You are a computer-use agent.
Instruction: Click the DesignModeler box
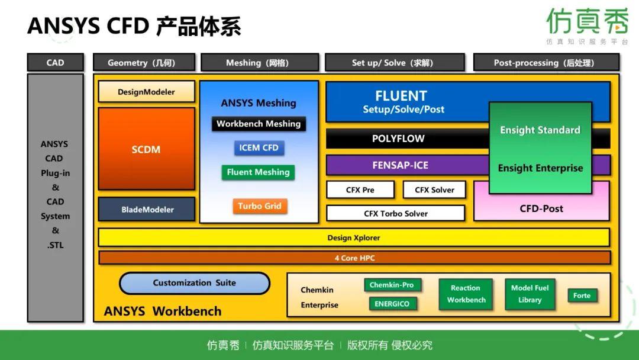point(146,92)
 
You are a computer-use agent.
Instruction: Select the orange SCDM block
point(146,149)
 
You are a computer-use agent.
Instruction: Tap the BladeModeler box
point(147,209)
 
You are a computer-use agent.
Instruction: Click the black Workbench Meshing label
point(259,124)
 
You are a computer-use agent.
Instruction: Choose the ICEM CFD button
point(259,147)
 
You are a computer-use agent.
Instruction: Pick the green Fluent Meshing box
point(259,172)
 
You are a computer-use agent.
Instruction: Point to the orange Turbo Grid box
point(259,206)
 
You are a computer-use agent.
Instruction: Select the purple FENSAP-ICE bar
point(400,165)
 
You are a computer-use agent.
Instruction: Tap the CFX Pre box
point(360,190)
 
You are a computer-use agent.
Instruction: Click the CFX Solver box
point(434,190)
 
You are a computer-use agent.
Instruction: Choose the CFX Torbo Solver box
point(396,213)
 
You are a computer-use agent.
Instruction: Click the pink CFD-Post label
point(541,208)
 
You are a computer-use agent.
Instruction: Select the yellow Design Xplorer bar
point(354,237)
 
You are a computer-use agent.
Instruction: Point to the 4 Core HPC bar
point(354,258)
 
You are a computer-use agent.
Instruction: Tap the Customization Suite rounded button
point(194,283)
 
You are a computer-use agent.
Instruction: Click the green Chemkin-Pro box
point(391,285)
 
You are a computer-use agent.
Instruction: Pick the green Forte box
point(582,295)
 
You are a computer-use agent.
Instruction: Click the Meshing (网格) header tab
point(259,63)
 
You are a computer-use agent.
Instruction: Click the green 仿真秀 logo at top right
point(587,22)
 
